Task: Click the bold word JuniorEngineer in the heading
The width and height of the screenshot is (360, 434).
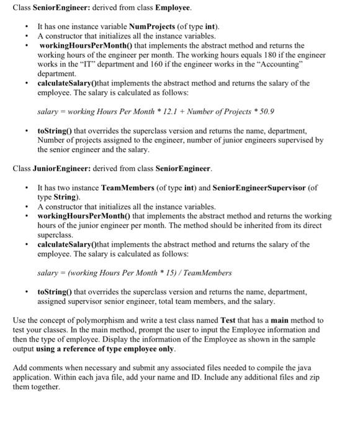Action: click(65, 168)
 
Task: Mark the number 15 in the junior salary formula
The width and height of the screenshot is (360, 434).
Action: click(166, 272)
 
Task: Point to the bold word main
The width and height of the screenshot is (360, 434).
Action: click(286, 320)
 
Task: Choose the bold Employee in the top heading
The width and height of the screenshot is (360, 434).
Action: click(173, 8)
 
